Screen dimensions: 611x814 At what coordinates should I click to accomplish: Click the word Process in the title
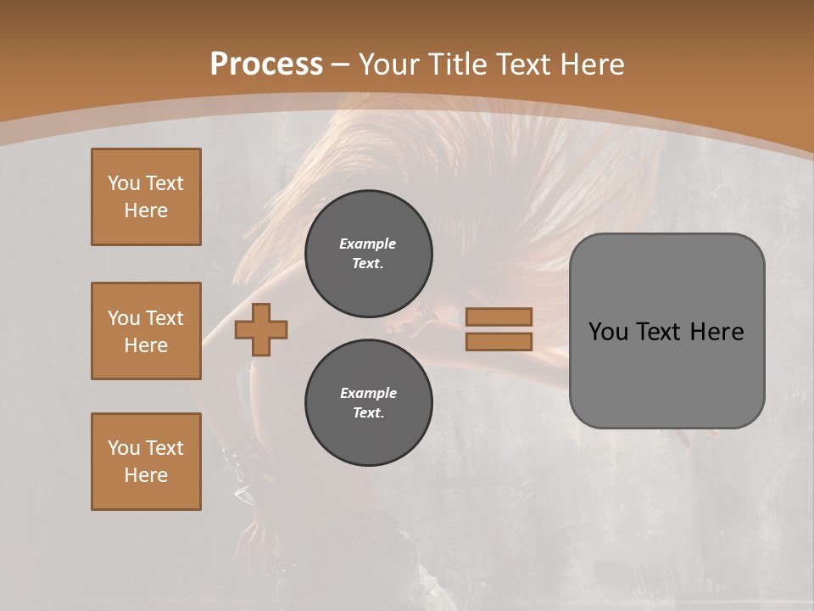pos(266,64)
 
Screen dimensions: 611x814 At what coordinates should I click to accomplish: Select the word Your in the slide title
pos(390,64)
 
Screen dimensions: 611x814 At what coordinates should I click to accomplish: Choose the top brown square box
pos(146,197)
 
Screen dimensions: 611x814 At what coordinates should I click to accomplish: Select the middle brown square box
pos(146,331)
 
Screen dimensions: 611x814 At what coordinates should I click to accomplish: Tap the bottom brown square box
pos(146,462)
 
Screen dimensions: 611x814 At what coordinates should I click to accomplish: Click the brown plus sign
pos(261,329)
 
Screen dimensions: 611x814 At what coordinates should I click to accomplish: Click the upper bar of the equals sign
pos(499,317)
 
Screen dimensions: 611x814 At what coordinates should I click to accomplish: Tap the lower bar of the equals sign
pos(499,341)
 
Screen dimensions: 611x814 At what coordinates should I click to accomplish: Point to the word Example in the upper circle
pos(368,244)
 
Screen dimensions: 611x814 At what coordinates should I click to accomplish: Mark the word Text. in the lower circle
pos(368,413)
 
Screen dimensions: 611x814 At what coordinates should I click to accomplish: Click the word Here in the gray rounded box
pos(716,332)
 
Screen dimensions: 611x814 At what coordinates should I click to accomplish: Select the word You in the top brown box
pos(124,183)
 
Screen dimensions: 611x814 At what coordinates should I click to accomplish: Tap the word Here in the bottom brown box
pos(146,475)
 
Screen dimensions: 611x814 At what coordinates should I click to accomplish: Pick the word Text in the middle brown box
pos(164,318)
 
